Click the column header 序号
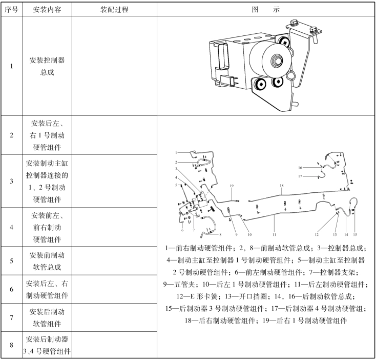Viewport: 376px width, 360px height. [x=11, y=10]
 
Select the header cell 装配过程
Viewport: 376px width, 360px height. [x=114, y=10]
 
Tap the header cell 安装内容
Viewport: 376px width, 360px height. [x=47, y=10]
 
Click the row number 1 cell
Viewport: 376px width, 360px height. [x=11, y=66]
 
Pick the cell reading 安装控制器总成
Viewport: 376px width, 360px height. [x=47, y=66]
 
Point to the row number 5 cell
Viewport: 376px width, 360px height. [x=11, y=261]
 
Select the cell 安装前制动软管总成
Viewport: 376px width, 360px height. [x=47, y=261]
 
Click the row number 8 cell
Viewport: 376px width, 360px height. [x=11, y=345]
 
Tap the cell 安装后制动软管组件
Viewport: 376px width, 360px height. [x=47, y=317]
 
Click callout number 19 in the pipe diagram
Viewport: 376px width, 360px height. [x=232, y=186]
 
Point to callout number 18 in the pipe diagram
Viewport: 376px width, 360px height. [x=282, y=186]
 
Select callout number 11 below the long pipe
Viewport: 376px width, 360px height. [x=274, y=234]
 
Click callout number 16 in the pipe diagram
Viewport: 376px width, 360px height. [x=300, y=168]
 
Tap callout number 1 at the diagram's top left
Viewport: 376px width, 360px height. [x=176, y=152]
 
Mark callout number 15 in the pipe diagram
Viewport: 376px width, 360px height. [x=355, y=234]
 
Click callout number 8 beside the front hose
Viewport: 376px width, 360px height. [x=220, y=234]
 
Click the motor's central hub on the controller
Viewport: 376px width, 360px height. [x=277, y=60]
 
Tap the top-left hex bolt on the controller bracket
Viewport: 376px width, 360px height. [x=294, y=23]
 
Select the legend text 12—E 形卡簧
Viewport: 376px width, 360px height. [x=197, y=296]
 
